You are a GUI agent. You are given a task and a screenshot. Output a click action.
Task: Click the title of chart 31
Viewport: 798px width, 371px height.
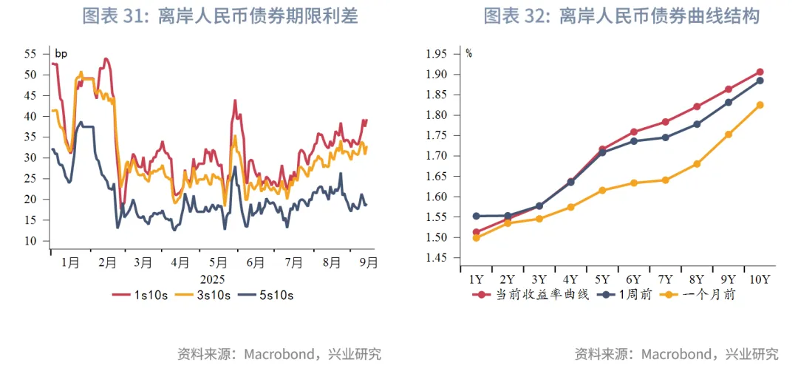point(219,16)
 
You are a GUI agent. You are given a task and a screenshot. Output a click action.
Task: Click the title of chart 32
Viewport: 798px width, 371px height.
point(621,16)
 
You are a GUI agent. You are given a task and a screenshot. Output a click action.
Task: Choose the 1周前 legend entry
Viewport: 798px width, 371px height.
point(629,294)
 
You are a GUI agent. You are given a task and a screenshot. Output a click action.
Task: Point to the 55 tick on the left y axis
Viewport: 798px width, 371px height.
point(30,54)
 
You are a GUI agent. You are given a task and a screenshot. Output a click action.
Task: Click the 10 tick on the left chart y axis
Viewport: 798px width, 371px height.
point(30,241)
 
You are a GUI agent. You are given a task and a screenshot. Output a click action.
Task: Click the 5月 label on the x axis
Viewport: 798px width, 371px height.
point(219,262)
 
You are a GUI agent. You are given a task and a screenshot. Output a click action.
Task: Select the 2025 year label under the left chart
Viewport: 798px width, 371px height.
point(211,279)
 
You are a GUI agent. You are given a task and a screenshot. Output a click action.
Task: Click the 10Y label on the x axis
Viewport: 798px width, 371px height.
point(759,279)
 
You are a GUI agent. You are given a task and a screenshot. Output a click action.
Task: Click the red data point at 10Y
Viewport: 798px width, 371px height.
point(760,72)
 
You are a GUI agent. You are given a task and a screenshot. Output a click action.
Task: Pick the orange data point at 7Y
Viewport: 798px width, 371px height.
point(666,180)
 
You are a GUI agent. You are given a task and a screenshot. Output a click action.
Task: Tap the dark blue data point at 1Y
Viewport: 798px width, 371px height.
point(477,216)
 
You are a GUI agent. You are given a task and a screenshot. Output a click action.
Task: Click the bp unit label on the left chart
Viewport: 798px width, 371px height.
point(61,53)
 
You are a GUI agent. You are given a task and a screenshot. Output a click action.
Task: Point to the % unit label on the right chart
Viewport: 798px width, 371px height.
point(468,53)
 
